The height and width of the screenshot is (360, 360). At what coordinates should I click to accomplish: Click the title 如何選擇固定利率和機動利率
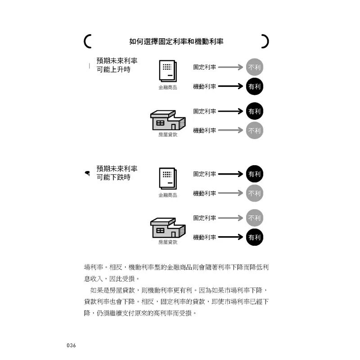click(176, 41)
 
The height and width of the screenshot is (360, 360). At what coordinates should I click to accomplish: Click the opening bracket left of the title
click(87, 41)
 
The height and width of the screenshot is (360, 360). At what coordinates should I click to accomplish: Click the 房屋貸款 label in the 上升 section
click(168, 135)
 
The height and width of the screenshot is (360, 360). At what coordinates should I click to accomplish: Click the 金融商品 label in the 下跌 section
click(168, 195)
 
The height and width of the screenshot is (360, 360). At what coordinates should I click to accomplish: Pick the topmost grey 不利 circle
click(254, 67)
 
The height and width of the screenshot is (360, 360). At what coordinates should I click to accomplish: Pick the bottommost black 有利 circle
click(254, 237)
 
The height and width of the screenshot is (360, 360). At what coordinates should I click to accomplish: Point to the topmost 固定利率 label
click(205, 67)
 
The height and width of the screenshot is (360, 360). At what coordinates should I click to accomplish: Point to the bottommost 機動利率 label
click(205, 237)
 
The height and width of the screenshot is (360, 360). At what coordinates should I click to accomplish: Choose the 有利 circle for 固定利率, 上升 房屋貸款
click(254, 111)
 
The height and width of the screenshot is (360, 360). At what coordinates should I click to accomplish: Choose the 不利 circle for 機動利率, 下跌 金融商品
click(254, 193)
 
